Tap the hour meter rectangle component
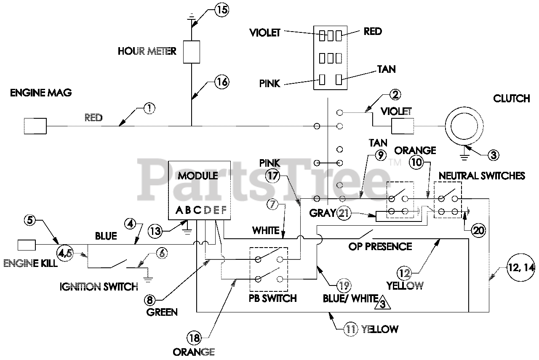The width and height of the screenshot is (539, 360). [192, 52]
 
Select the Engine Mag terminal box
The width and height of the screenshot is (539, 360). [35, 125]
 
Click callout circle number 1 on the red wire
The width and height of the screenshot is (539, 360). [149, 109]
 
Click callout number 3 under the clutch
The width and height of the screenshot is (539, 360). [494, 155]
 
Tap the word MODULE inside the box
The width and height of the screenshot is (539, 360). [198, 176]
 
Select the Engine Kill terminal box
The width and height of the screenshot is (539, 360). [26, 245]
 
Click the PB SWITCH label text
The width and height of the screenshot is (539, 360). [273, 299]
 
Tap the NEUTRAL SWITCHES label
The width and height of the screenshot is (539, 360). [482, 176]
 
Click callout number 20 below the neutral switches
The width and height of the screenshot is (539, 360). [478, 230]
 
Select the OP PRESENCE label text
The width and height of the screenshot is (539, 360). [380, 246]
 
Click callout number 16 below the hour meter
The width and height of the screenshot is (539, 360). [221, 82]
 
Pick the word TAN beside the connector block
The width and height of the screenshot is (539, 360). [386, 69]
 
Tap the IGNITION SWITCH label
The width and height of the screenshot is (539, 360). [99, 287]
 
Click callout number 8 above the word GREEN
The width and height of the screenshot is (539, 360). [151, 300]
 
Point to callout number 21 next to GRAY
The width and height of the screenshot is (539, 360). [344, 213]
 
